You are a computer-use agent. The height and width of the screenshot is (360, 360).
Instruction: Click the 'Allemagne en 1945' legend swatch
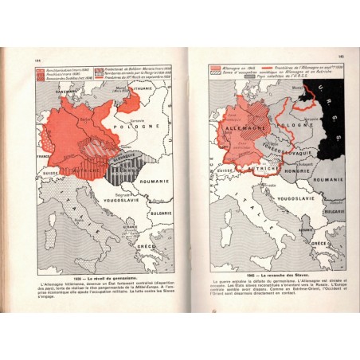tap(213, 68)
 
